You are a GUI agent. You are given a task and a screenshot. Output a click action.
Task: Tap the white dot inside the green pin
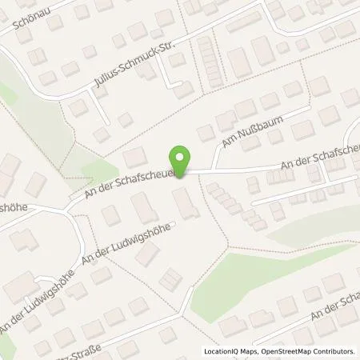[x=182, y=157]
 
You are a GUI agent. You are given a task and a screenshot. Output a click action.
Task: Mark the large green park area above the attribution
[x=256, y=276]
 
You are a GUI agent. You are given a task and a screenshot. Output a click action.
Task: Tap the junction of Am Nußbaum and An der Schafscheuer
[x=214, y=170]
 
